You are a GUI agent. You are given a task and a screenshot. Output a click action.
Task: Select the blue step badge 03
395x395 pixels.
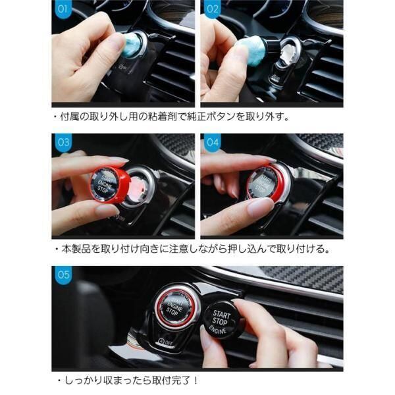tap(63, 142)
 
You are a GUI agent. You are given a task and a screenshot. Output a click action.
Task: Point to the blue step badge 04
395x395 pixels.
tap(213, 142)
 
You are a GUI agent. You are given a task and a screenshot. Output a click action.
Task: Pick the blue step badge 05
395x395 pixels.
tap(63, 275)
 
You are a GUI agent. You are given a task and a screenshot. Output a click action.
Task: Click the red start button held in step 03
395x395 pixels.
tap(109, 184)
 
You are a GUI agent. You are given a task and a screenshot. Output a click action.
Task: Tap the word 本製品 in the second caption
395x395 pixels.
tap(76, 249)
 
